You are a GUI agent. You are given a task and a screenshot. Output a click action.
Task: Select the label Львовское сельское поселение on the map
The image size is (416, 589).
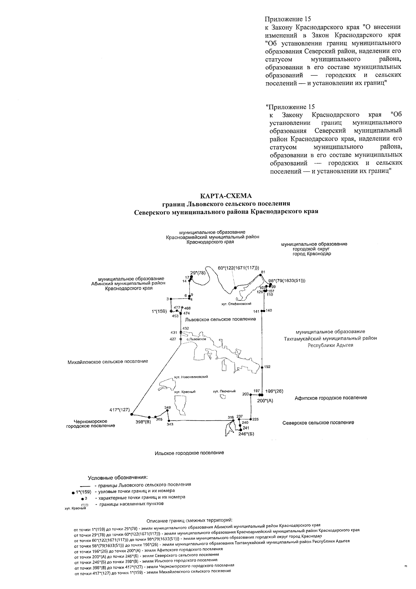point(220,319)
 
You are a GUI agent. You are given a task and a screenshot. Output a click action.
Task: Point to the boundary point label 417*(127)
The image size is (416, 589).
point(120,410)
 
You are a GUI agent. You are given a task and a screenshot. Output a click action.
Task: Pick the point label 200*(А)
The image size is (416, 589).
point(266,401)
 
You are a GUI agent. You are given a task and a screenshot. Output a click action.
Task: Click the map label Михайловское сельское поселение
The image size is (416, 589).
point(108,361)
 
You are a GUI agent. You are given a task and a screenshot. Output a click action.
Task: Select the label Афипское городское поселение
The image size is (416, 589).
point(331,398)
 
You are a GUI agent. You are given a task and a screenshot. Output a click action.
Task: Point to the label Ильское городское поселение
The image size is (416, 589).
point(189,453)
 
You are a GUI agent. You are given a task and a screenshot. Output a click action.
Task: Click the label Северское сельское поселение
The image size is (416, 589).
point(318,422)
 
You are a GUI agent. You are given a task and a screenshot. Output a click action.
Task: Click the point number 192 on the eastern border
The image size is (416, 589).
point(267,367)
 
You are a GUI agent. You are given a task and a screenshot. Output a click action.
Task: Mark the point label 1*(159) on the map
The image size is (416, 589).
point(159,311)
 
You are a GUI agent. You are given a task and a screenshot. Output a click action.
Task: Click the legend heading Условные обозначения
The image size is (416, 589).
point(118,477)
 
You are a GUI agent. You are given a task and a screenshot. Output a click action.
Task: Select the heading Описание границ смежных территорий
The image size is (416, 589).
point(189,521)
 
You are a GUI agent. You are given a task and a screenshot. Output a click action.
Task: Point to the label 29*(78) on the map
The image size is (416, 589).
point(198,272)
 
